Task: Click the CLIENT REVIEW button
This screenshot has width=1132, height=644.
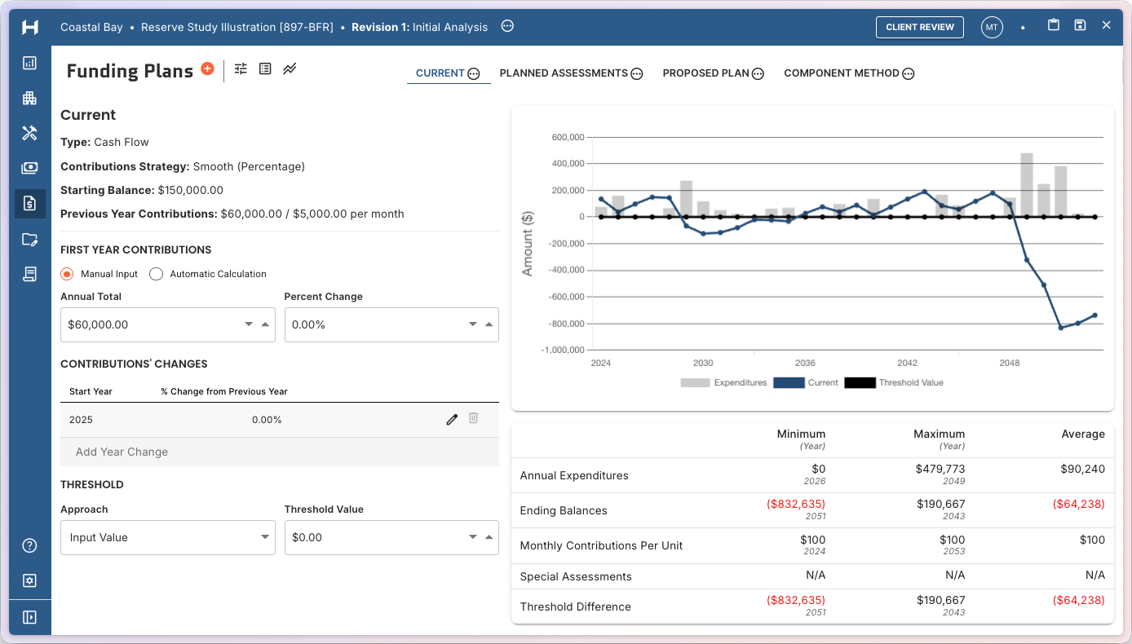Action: (920, 27)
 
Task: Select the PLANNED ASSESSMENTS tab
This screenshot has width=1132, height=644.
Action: (564, 73)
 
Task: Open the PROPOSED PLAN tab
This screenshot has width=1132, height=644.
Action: (705, 73)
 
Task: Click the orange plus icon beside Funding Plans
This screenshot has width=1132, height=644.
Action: (207, 69)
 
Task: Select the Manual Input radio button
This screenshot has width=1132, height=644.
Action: (68, 274)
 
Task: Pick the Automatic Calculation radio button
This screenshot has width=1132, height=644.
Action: (157, 274)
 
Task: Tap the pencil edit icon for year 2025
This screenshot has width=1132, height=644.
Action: (452, 420)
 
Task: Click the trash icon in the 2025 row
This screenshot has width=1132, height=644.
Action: (473, 419)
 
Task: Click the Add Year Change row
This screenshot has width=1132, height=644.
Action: (122, 452)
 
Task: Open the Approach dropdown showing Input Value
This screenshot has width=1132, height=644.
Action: (167, 537)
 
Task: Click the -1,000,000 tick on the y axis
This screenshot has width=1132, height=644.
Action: (563, 351)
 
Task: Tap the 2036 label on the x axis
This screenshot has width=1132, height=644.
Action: (805, 363)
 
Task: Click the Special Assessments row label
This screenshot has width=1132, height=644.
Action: (576, 576)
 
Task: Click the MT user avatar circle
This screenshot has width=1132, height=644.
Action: (991, 27)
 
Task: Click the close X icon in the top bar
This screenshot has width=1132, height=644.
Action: (1106, 25)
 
